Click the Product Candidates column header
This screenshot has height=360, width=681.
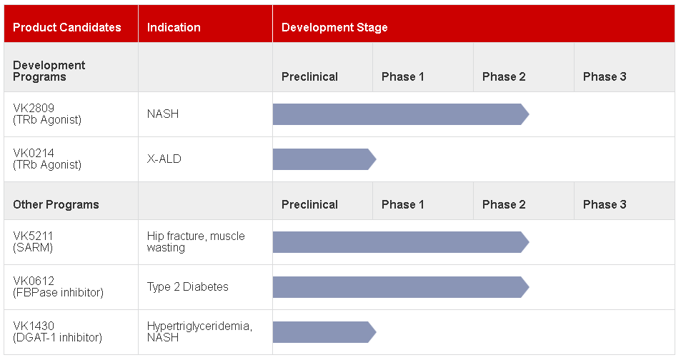pos(67,27)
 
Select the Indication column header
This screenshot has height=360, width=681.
pos(174,27)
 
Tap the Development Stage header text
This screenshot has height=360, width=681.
pos(334,27)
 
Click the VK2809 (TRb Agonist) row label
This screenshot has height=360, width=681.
pos(47,114)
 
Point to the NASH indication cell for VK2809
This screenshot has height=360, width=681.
pos(163,114)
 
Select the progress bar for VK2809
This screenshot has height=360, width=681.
pos(401,114)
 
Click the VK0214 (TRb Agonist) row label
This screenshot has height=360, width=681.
pos(47,159)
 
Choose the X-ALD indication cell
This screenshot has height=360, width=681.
pos(164,159)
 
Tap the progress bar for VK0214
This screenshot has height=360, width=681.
pos(324,159)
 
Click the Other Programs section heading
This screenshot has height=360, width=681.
pos(56,204)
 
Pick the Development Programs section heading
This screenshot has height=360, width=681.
pos(49,71)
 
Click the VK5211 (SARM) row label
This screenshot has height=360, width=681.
pos(33,242)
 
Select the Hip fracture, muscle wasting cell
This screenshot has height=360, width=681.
pos(196,242)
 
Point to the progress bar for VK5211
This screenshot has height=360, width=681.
pos(401,242)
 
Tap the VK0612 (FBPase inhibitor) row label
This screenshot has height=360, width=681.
pos(58,286)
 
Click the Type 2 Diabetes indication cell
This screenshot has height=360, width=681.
pos(188,286)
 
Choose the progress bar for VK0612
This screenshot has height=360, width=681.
pos(401,287)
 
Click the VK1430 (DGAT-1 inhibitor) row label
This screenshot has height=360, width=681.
pos(57,331)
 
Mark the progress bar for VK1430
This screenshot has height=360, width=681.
pos(324,332)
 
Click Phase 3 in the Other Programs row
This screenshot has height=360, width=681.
pos(605,204)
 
